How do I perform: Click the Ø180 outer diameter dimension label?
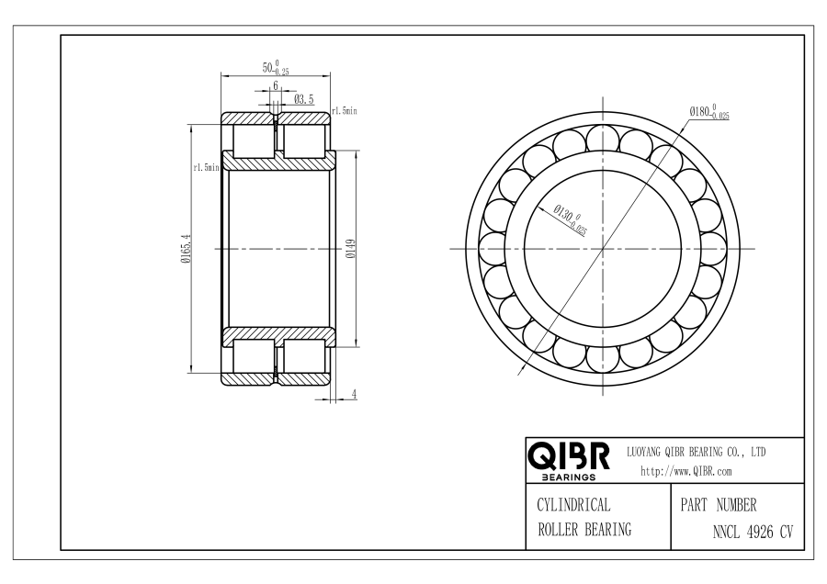point(709,112)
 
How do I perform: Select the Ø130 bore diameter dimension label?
point(570,219)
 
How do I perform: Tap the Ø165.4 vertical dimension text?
point(186,249)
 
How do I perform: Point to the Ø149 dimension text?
point(351,249)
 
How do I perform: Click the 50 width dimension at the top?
point(276,67)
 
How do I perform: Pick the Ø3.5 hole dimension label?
point(304,99)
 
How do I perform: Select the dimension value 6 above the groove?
point(276,85)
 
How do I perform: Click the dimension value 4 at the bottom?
point(355,394)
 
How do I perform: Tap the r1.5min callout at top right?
point(345,111)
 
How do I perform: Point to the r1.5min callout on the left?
point(206,168)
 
